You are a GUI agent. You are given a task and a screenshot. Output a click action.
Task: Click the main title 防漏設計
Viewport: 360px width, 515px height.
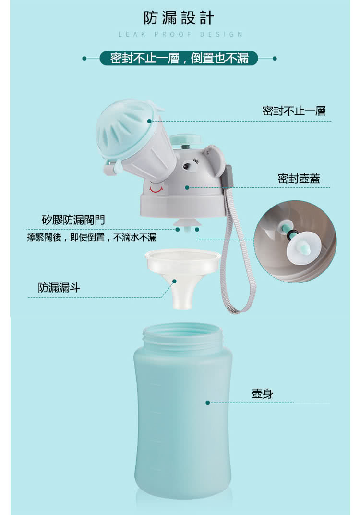tap(179, 18)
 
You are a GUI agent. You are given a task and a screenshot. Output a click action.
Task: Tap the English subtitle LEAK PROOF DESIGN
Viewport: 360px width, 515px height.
tap(180, 34)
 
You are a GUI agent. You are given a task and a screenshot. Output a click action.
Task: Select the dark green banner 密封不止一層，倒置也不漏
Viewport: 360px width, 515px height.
tap(179, 58)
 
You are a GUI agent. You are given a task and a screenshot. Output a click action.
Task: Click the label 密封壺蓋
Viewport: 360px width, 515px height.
tap(299, 178)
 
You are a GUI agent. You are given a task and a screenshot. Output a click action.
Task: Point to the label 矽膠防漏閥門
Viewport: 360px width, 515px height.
tap(73, 220)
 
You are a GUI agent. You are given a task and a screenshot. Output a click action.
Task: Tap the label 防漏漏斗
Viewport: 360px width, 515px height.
tap(59, 287)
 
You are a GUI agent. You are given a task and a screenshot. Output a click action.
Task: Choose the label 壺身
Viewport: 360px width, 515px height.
tap(262, 393)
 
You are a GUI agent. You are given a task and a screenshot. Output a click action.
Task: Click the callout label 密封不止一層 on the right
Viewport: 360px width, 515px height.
tap(294, 111)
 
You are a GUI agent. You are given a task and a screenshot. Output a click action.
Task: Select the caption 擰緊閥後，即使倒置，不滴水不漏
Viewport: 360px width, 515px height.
tap(92, 237)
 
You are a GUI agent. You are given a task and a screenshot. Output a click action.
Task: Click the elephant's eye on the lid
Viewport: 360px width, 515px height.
tap(187, 166)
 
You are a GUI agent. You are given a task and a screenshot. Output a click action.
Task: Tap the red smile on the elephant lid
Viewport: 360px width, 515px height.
tap(156, 189)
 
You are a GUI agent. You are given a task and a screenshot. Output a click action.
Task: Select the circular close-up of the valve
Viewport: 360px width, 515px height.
tap(295, 241)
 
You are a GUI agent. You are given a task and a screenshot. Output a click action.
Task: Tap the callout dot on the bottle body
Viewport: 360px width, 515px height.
tap(207, 403)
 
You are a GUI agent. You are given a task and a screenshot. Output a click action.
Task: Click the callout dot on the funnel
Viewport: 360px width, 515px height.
tap(174, 281)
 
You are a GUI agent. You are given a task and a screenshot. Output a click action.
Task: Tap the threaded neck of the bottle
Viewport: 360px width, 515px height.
tap(182, 337)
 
